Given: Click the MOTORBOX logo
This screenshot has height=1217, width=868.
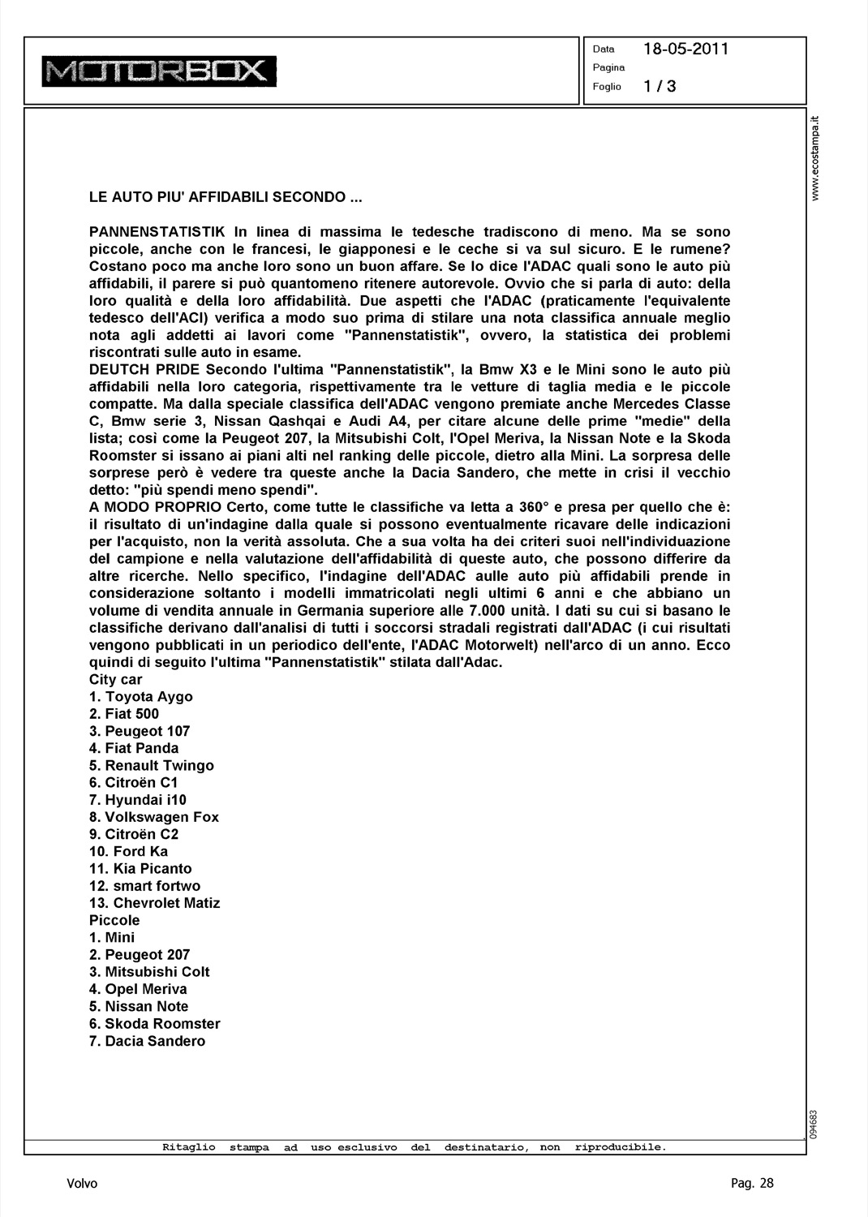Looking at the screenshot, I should pos(159,71).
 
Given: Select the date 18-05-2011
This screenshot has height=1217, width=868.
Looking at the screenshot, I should pos(685,49).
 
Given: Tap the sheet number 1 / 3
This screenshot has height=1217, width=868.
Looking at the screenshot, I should pos(660,86).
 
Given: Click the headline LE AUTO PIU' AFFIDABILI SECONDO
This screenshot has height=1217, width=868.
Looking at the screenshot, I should pos(226,197).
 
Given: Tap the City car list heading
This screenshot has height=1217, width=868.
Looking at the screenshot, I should pos(115,680).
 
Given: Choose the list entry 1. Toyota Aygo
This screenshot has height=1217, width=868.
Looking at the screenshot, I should pos(141,697).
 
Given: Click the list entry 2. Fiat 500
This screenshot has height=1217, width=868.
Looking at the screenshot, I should pos(124,714).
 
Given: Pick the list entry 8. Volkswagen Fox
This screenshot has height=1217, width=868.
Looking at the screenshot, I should pos(154,817).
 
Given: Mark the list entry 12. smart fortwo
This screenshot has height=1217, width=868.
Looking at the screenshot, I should pos(144,886).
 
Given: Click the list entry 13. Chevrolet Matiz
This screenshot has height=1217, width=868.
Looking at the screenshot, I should pos(154,903).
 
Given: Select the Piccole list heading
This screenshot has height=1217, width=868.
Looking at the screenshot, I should pos(114,920).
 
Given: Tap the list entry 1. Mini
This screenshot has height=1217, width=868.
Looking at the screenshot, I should pos(112,937).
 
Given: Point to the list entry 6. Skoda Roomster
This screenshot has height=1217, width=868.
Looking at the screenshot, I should pos(154,1024).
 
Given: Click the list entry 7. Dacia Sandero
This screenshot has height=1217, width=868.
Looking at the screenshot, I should pos(147,1041).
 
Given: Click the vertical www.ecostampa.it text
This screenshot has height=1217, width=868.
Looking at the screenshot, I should pos(817,158).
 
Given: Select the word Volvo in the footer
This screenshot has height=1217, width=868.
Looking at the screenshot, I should pos(82,1184).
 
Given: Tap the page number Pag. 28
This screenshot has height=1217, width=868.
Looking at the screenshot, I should pos(752,1183).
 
